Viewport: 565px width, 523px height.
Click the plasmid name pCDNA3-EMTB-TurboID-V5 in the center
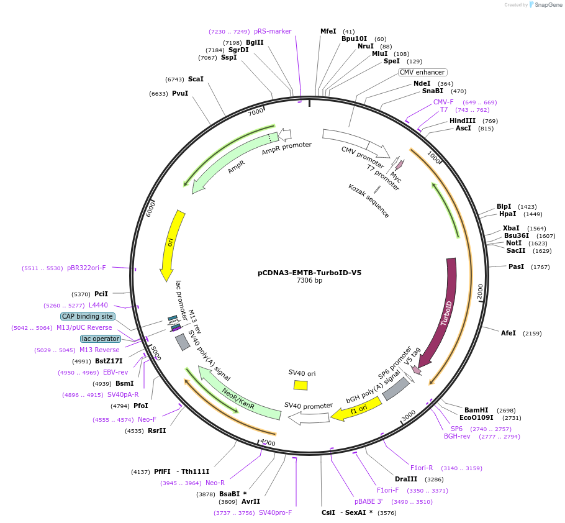coord(309,272)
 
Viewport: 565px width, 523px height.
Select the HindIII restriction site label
coord(462,121)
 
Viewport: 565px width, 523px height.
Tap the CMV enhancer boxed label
coord(422,72)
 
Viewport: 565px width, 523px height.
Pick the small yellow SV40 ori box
coord(301,385)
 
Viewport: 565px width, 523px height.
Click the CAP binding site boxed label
coord(87,316)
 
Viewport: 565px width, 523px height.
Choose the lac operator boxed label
coord(101,339)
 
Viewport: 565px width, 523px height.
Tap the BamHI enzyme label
coord(476,410)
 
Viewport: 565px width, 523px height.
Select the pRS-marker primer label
coord(272,31)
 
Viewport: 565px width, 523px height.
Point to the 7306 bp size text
coord(309,280)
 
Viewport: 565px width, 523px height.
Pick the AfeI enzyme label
coord(508,333)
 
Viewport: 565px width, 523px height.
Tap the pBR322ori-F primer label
coord(86,268)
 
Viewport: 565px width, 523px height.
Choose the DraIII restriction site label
coord(406,479)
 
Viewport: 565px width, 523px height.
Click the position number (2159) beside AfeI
coord(532,334)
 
